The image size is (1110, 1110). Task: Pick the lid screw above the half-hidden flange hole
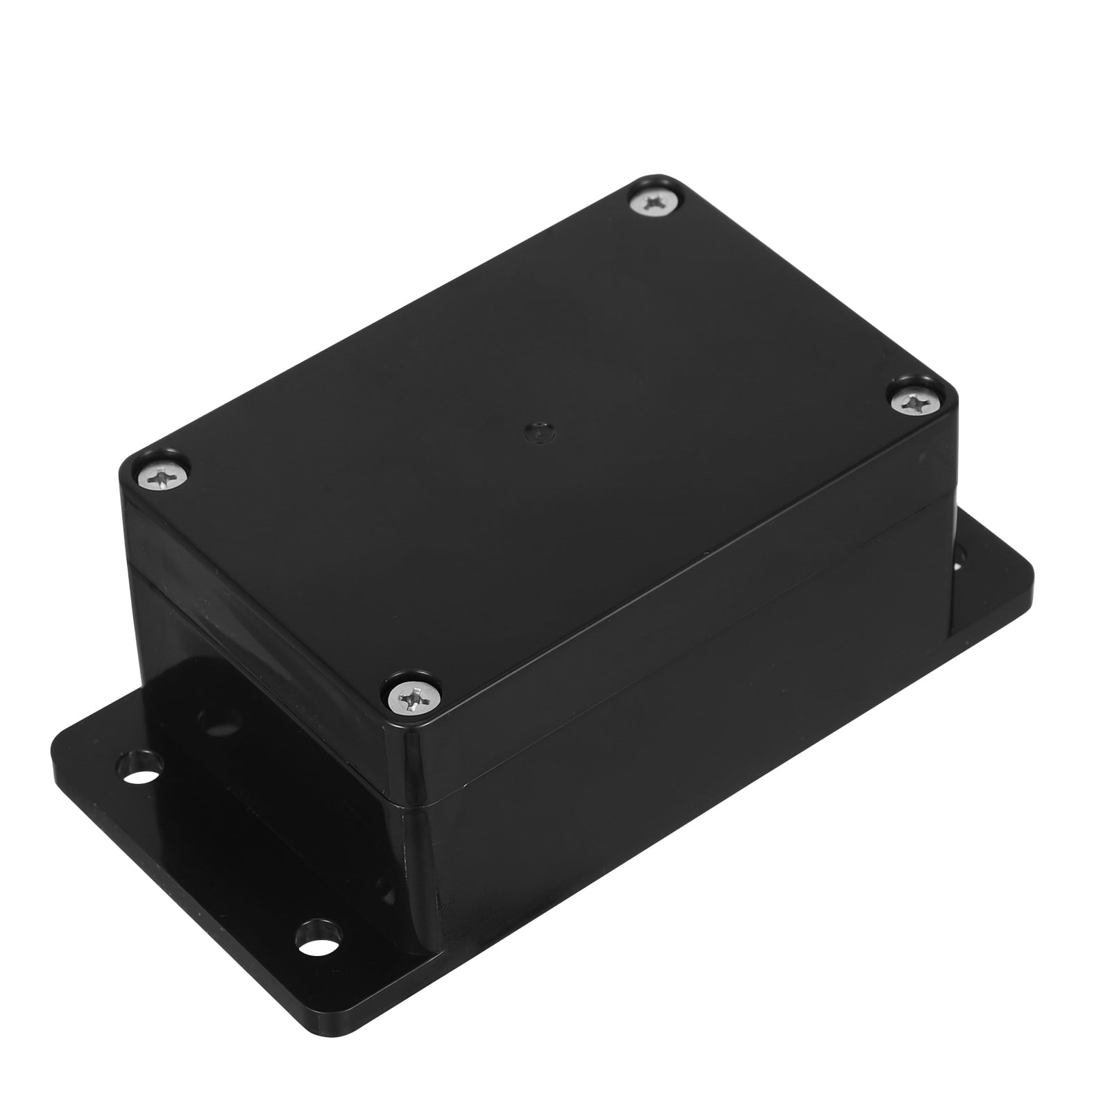[x=912, y=400]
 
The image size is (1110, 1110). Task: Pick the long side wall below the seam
[x=659, y=798]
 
